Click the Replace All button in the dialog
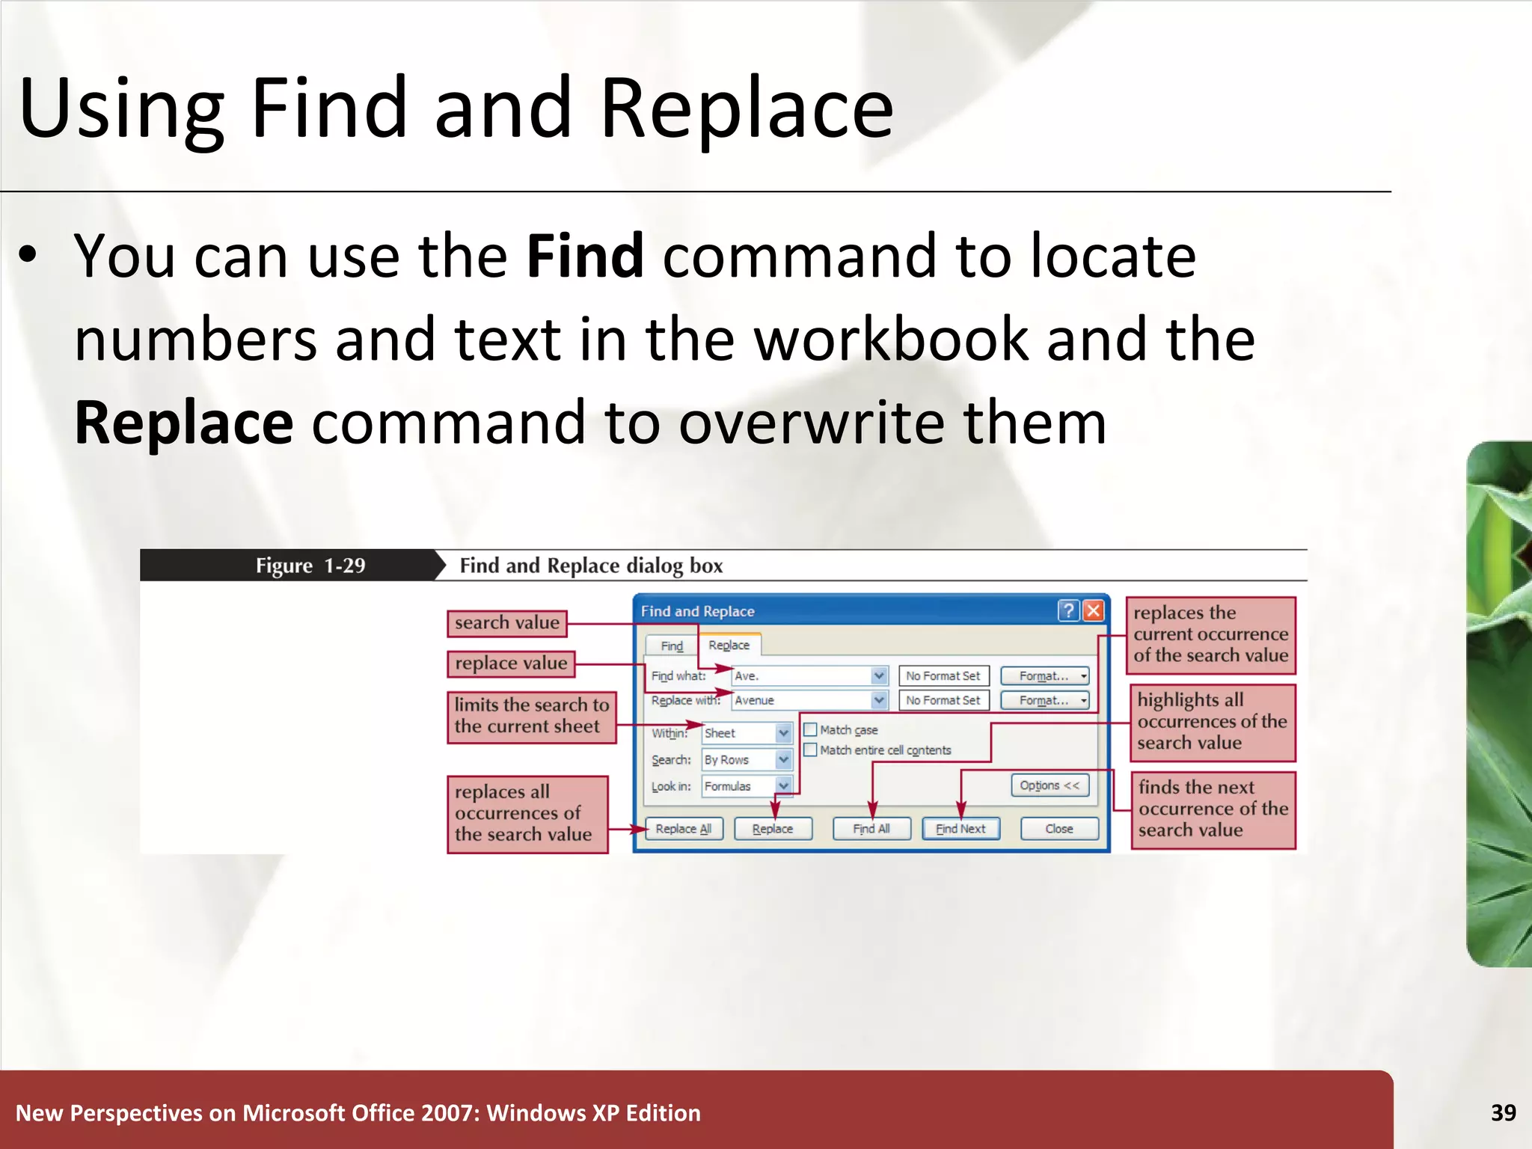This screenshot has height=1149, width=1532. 683,829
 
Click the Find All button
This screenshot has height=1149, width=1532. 871,829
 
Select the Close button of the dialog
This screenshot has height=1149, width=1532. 1058,829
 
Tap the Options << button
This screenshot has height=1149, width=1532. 1049,785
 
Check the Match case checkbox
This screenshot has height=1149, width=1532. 810,729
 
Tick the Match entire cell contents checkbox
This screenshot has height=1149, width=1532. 810,750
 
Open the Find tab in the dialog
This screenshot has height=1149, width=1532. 671,646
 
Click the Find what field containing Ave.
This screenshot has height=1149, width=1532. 800,676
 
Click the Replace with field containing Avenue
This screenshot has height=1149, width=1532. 800,701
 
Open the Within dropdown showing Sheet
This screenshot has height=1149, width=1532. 782,733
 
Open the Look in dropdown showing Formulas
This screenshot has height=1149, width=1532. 782,786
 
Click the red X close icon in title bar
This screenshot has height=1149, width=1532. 1093,611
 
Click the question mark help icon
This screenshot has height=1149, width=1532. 1068,611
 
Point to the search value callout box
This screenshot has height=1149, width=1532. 506,623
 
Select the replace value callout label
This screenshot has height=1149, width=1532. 511,664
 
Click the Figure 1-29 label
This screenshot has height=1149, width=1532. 310,566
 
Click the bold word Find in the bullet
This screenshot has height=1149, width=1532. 584,257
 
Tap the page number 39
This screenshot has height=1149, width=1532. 1503,1113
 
